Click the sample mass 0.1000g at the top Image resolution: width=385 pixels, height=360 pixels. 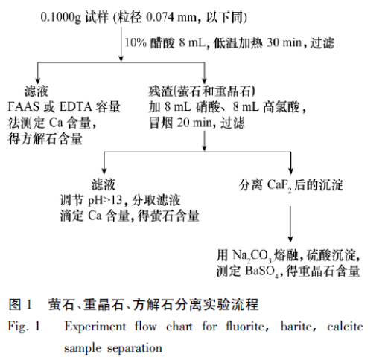(x=61, y=18)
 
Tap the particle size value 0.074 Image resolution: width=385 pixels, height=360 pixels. (x=160, y=17)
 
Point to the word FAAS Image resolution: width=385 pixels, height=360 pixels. (x=24, y=107)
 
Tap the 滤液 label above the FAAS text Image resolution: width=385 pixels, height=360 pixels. (x=36, y=91)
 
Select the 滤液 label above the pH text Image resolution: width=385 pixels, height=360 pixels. (x=104, y=184)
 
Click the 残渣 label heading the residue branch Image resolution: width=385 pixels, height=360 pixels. (x=160, y=91)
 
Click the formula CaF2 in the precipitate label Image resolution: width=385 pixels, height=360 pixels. (x=279, y=185)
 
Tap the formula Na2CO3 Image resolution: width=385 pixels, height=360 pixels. (x=252, y=256)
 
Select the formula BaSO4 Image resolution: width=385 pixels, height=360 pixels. (x=261, y=271)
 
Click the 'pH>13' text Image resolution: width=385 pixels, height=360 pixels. (x=105, y=200)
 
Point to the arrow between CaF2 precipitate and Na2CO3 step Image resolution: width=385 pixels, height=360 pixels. (x=290, y=224)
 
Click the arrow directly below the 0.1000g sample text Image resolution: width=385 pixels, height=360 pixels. (x=121, y=44)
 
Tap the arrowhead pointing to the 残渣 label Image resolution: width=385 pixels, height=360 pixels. (x=204, y=81)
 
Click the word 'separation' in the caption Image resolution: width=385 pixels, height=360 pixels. (x=134, y=348)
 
